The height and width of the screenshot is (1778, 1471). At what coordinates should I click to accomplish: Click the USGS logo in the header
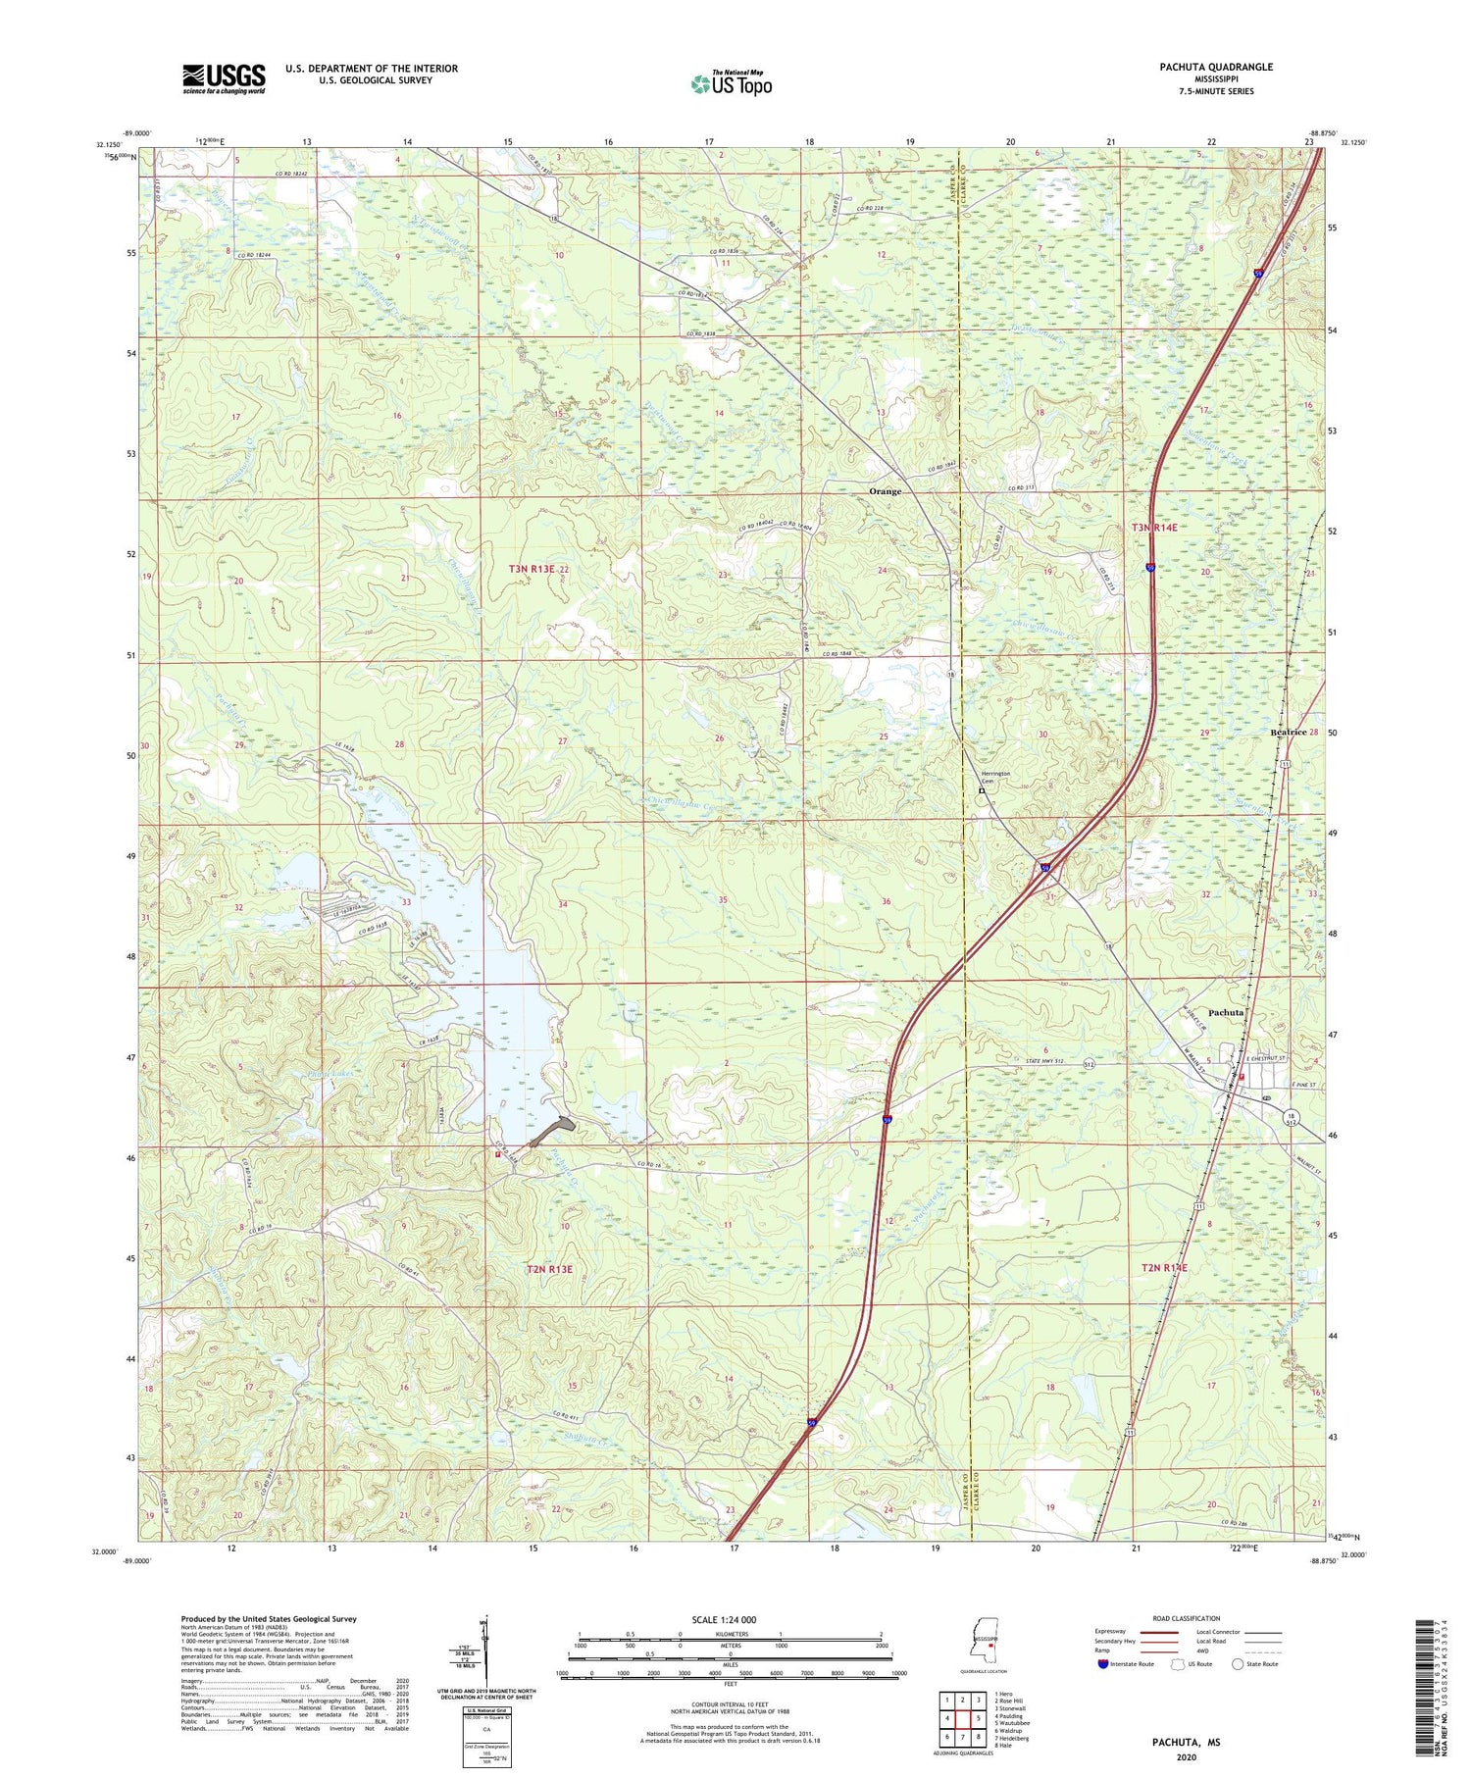(224, 78)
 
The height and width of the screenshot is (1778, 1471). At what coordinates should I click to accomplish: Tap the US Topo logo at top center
(730, 83)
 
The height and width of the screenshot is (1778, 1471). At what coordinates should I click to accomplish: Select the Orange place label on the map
(885, 491)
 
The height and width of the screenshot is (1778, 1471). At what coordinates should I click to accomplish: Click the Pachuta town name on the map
(1226, 1012)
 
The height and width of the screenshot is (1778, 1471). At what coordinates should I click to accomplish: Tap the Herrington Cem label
(995, 777)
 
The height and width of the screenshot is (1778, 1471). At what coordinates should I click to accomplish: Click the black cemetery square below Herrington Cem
(981, 791)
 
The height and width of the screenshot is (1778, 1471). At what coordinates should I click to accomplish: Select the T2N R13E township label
(549, 1269)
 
